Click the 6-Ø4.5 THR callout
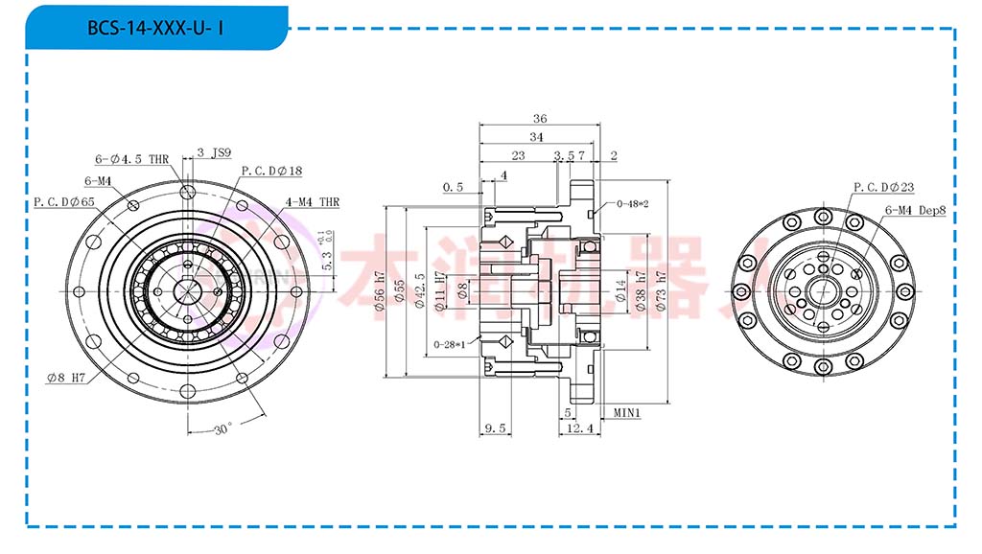pyautogui.click(x=132, y=159)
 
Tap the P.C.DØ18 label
pyautogui.click(x=271, y=171)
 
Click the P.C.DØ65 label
pyautogui.click(x=64, y=202)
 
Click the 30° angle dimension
pyautogui.click(x=222, y=429)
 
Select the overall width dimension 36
pyautogui.click(x=539, y=119)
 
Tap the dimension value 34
pyautogui.click(x=536, y=137)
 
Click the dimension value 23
pyautogui.click(x=518, y=154)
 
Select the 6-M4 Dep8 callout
pyautogui.click(x=915, y=209)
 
